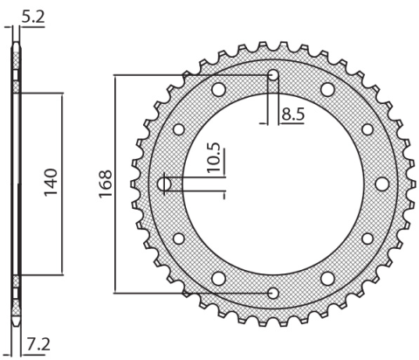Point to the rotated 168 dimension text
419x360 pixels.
click(x=104, y=184)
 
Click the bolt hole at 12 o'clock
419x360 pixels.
click(x=273, y=75)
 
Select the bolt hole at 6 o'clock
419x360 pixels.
click(x=273, y=293)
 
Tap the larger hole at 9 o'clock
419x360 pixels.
click(x=166, y=184)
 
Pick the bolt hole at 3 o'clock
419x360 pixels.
click(x=381, y=183)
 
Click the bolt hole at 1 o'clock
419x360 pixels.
click(x=327, y=89)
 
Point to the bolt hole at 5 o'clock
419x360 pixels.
click(x=327, y=279)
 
